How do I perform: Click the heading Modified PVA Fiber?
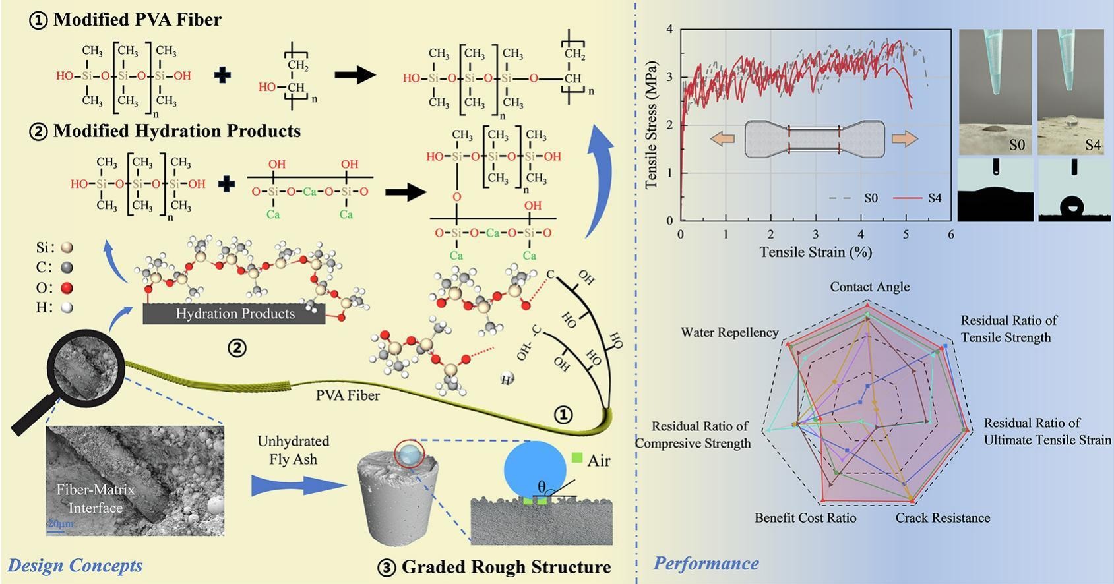[x=137, y=20]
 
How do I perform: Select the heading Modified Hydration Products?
[x=176, y=131]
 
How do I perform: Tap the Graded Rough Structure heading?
[x=506, y=567]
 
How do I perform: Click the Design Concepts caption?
[x=75, y=566]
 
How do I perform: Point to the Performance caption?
[x=706, y=564]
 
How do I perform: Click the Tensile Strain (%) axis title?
[x=815, y=252]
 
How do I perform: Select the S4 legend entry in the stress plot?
[x=933, y=198]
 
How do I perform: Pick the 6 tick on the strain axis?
[x=950, y=235]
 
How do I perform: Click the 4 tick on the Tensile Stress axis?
[x=670, y=29]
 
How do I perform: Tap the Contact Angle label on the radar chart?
[x=869, y=287]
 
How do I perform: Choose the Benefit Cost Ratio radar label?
[x=805, y=518]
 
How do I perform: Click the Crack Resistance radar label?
[x=943, y=518]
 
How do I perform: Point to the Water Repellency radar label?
[x=729, y=332]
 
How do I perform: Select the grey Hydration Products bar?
[x=234, y=314]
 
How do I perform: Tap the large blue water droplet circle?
[x=535, y=471]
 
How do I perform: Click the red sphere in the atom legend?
[x=66, y=288]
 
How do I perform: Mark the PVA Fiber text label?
[x=348, y=395]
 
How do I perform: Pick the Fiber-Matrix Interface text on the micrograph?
[x=95, y=499]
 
